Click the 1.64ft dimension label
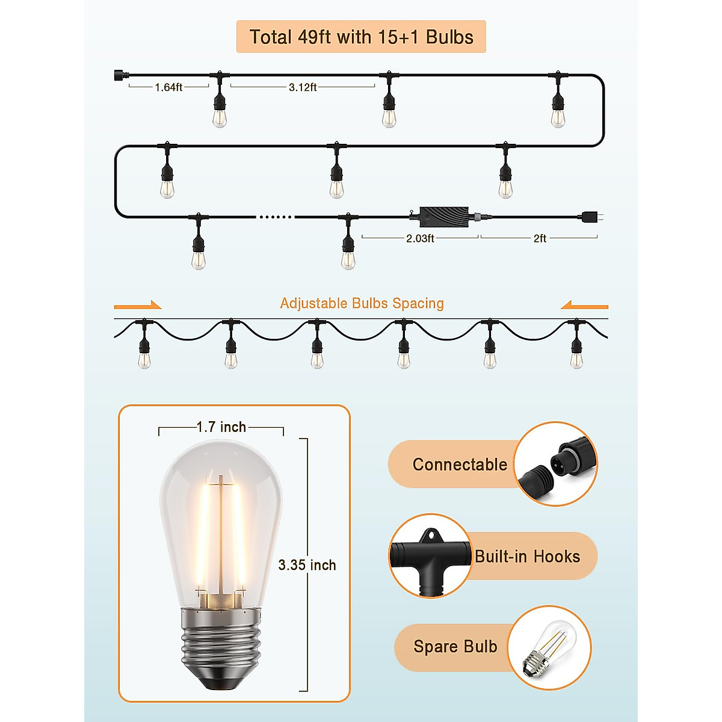click(x=168, y=87)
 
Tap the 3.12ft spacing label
click(x=303, y=87)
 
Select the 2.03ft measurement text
click(x=420, y=238)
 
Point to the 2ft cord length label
click(x=540, y=238)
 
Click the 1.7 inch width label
click(x=221, y=427)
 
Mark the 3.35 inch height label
click(x=307, y=565)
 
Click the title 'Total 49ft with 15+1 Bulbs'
click(x=361, y=37)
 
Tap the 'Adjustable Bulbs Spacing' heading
click(x=362, y=303)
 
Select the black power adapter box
click(x=444, y=216)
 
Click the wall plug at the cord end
click(x=590, y=217)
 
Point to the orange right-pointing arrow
click(x=138, y=306)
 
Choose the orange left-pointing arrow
click(x=584, y=306)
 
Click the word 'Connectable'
click(x=460, y=464)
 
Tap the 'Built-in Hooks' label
click(x=527, y=557)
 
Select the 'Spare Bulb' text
click(x=455, y=647)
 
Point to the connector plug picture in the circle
click(x=555, y=464)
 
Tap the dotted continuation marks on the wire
click(x=276, y=217)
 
